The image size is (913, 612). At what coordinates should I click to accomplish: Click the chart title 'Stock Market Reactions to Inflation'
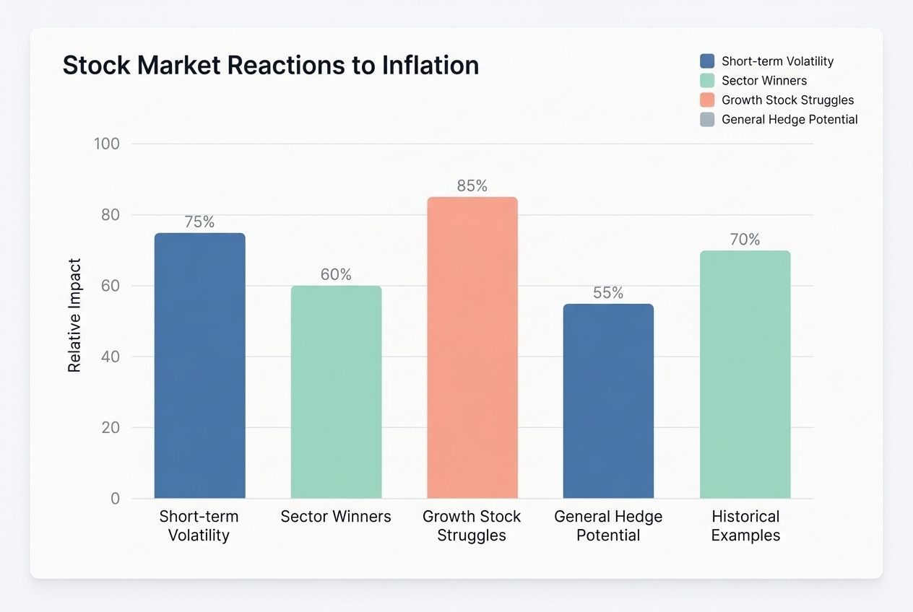(x=271, y=66)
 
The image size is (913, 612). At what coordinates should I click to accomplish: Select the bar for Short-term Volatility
(x=200, y=366)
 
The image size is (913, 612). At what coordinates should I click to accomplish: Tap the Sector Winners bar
(x=336, y=392)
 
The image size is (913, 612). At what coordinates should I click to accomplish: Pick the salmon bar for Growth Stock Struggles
(x=472, y=348)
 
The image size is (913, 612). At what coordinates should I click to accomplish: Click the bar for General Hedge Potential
(x=608, y=401)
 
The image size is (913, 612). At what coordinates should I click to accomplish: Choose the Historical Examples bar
(x=745, y=375)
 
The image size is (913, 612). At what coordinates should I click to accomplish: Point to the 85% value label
(x=472, y=186)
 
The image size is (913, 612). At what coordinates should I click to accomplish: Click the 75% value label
(x=200, y=222)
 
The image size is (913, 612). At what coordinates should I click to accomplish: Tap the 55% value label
(x=608, y=293)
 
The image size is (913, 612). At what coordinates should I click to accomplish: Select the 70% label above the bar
(x=745, y=240)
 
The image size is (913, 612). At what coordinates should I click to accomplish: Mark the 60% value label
(x=336, y=275)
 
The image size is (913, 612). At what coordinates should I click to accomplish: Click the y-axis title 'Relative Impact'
(x=74, y=315)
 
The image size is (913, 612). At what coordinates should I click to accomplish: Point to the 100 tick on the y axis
(x=107, y=144)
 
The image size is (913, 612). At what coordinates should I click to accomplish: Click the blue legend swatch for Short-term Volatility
(x=707, y=61)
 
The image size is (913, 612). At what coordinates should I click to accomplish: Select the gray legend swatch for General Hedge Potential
(x=707, y=120)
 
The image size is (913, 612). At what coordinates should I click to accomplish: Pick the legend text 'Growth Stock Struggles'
(x=787, y=100)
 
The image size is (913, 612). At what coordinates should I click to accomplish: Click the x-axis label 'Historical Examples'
(x=745, y=526)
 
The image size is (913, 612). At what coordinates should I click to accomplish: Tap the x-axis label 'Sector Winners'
(x=336, y=517)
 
